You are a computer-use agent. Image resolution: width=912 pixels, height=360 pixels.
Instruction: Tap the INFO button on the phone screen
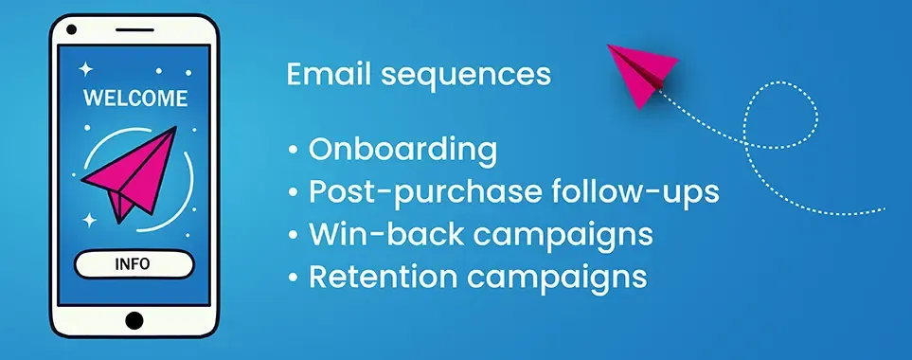point(134,264)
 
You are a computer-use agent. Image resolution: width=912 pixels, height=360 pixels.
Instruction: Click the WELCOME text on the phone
point(135,99)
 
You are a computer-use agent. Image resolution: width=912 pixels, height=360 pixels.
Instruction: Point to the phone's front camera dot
point(70,29)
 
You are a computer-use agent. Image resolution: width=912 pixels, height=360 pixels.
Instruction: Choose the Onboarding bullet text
point(402,150)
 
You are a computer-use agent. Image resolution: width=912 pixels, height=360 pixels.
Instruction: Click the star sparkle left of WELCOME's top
point(84,68)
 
